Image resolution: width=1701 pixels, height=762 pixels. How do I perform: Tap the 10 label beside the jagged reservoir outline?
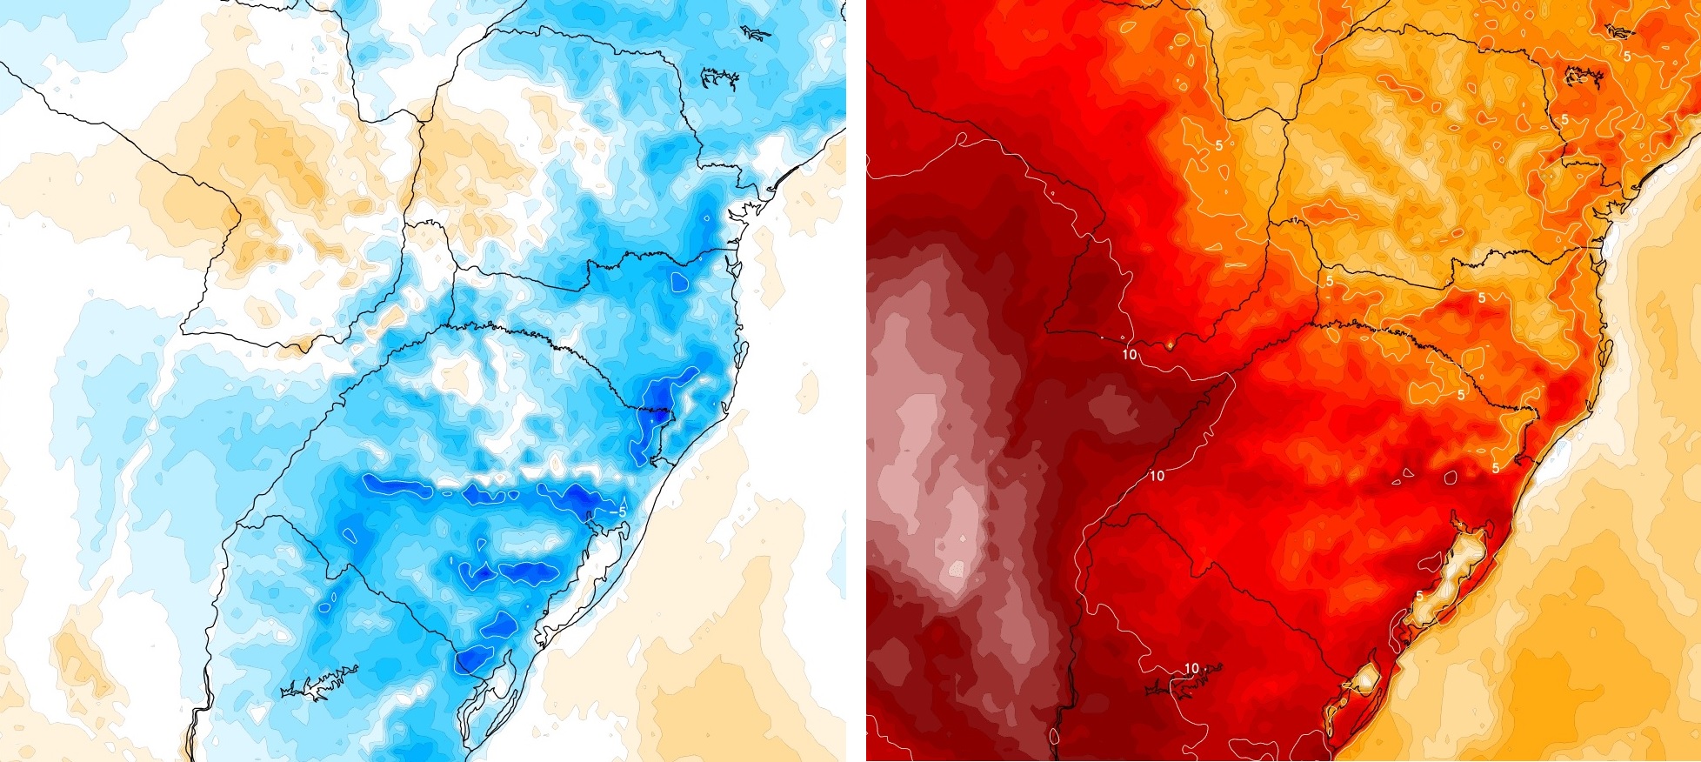tap(1191, 668)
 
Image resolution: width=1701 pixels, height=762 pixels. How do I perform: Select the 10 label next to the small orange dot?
tap(1130, 354)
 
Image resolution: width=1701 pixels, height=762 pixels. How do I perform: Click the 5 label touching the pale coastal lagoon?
tap(1419, 596)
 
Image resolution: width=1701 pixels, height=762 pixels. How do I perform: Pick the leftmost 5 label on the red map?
tap(1219, 145)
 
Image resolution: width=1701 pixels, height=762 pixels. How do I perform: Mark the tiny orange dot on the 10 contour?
tap(1171, 345)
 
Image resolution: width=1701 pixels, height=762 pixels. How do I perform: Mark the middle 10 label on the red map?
tap(1157, 476)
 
